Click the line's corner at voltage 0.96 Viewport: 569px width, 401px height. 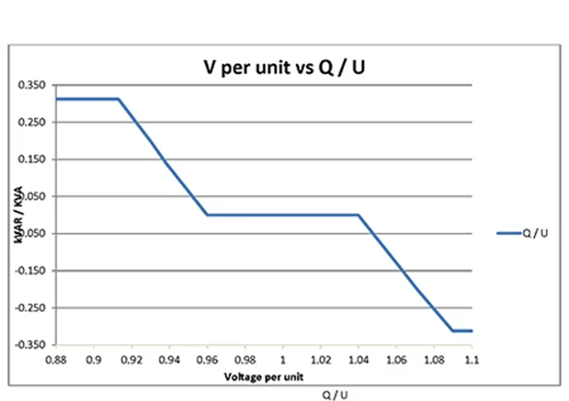coord(207,215)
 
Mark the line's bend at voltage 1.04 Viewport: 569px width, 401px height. coord(358,215)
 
